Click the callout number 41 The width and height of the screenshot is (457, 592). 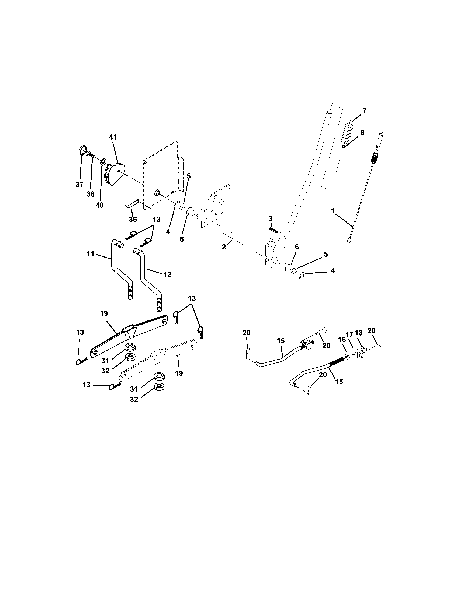[113, 137]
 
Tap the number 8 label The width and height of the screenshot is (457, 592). [362, 133]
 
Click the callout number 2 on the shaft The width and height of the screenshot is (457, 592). [224, 247]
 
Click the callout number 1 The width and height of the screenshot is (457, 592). [333, 210]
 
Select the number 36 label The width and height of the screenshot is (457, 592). [133, 219]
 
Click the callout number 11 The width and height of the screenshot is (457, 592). [91, 254]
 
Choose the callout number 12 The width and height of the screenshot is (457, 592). [167, 274]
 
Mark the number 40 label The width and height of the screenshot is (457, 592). [100, 205]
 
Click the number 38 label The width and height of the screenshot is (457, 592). [90, 194]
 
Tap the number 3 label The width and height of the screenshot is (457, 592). [270, 219]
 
